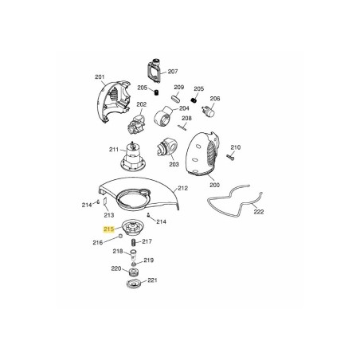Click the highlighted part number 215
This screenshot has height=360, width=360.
109,229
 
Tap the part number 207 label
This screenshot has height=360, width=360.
173,72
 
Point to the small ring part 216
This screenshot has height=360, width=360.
120,236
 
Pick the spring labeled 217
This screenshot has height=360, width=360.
134,243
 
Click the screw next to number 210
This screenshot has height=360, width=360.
230,157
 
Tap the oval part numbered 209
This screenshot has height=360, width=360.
176,98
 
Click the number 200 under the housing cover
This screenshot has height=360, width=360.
214,185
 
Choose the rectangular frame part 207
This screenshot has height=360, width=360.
154,71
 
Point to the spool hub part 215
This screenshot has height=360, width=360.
133,229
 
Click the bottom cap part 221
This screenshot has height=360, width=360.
135,284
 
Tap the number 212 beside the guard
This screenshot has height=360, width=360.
183,188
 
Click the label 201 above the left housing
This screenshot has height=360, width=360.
100,77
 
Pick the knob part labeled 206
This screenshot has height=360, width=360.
209,111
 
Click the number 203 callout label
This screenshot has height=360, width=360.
174,165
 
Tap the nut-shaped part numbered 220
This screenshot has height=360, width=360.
133,272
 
